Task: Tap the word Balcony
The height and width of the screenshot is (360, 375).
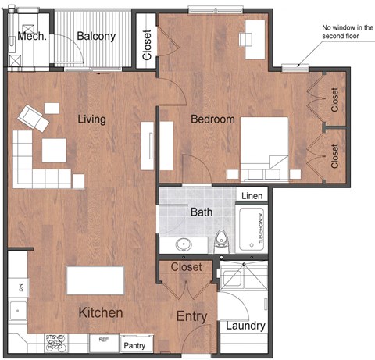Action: pyautogui.click(x=97, y=36)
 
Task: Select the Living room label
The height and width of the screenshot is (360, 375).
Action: pyautogui.click(x=92, y=119)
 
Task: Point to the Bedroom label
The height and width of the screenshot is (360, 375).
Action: pyautogui.click(x=213, y=119)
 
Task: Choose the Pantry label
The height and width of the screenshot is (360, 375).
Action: pyautogui.click(x=134, y=344)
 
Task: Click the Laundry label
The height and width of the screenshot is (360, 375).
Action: pyautogui.click(x=246, y=326)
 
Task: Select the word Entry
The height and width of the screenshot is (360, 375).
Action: pyautogui.click(x=191, y=316)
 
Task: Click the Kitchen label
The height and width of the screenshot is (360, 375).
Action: pyautogui.click(x=101, y=312)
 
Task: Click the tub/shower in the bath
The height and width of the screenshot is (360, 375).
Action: pyautogui.click(x=252, y=229)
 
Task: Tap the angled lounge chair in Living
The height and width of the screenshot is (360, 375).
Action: pyautogui.click(x=34, y=117)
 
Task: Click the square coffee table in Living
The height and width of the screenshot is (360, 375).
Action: pyautogui.click(x=53, y=150)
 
